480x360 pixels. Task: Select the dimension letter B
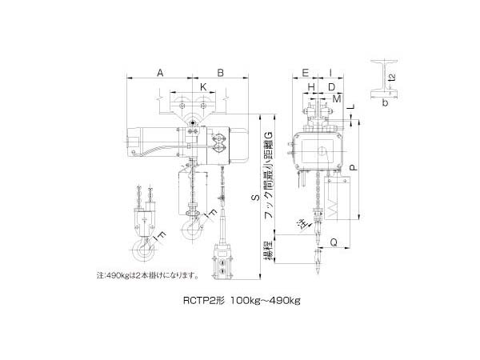tap(220, 73)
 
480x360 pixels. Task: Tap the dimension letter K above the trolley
tap(203, 86)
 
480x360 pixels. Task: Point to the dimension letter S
tap(254, 194)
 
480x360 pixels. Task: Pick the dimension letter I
tap(331, 73)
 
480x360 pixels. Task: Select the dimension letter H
tap(311, 86)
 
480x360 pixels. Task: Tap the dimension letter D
tap(330, 86)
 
